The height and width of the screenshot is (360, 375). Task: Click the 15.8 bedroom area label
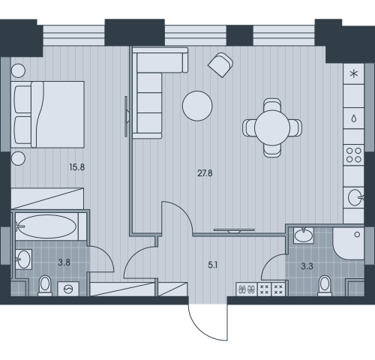[x=77, y=167]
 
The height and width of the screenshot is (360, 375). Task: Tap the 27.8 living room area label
[x=205, y=173]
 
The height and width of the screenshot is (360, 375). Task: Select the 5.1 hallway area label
[x=212, y=265]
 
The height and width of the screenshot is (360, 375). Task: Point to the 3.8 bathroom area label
[x=64, y=262]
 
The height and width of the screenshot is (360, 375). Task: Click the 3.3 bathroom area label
[x=307, y=266]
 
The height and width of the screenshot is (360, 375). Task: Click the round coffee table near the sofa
[x=197, y=106]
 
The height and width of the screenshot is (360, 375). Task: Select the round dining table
[x=272, y=127]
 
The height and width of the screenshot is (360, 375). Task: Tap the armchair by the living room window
[x=220, y=64]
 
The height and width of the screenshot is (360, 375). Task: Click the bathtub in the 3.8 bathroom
[x=47, y=226]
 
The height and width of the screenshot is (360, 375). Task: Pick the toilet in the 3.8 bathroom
[x=45, y=286]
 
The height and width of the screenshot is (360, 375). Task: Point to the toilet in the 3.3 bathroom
[x=325, y=286]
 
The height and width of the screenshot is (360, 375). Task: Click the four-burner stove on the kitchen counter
[x=353, y=155]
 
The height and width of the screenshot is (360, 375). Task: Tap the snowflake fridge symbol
[x=353, y=73]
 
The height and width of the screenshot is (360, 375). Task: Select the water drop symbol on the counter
[x=353, y=118]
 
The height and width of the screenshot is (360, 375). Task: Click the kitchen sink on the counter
[x=355, y=197]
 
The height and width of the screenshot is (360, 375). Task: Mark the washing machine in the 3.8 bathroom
[x=68, y=289]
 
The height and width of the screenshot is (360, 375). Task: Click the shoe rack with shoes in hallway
[x=247, y=289]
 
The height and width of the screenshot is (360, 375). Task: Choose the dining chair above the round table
[x=272, y=105]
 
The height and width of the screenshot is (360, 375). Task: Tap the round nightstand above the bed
[x=18, y=70]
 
